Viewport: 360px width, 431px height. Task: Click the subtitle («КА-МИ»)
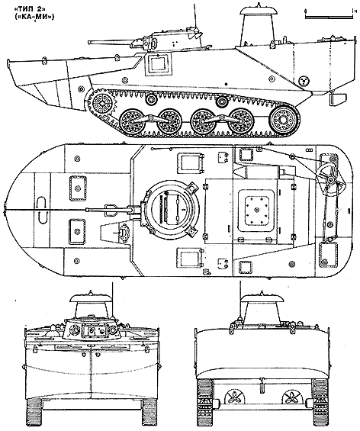[34, 17]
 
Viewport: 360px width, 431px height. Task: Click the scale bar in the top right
[329, 14]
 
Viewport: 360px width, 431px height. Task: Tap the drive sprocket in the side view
[101, 104]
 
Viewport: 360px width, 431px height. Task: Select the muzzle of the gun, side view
[89, 43]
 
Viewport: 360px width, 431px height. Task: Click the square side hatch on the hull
[157, 64]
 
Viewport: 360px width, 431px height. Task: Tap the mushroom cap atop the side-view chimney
[258, 10]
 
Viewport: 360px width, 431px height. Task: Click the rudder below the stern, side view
[336, 98]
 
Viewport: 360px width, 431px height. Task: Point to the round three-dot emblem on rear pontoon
[304, 81]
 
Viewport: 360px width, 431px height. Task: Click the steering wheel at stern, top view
[330, 179]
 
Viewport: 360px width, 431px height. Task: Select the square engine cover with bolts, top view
[257, 210]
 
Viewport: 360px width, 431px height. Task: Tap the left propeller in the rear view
[234, 397]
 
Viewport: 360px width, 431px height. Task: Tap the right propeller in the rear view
[291, 397]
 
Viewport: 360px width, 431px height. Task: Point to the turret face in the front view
[91, 330]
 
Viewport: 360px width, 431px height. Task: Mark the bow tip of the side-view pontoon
[8, 60]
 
